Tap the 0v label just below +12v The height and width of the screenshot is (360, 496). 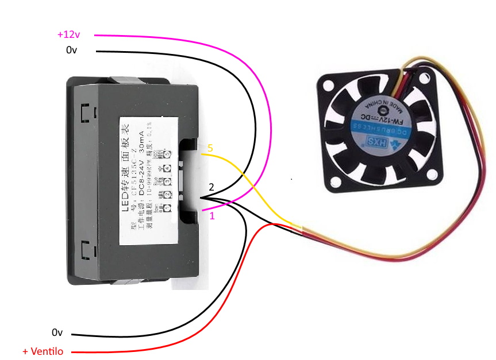pyautogui.click(x=71, y=51)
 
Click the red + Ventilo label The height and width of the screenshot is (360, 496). pyautogui.click(x=43, y=351)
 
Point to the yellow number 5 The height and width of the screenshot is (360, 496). pyautogui.click(x=210, y=149)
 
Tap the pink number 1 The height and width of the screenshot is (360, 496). pyautogui.click(x=212, y=216)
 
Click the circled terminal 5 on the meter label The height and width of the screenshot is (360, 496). pyautogui.click(x=167, y=153)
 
